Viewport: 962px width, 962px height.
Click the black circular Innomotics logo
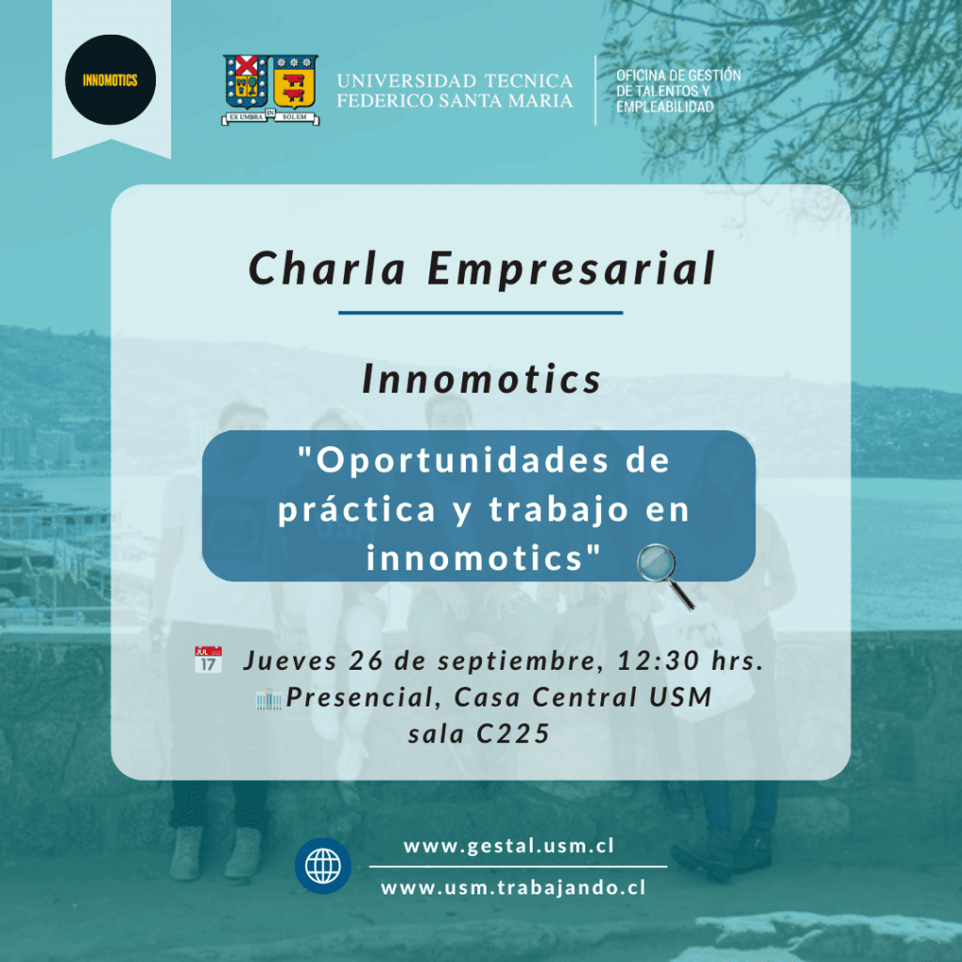point(111,80)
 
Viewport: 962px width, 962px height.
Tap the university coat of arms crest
point(271,90)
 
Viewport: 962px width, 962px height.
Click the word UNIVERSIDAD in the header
point(407,81)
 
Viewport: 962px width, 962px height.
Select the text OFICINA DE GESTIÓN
point(678,75)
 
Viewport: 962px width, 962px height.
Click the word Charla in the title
point(328,268)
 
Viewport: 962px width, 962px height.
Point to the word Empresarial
point(571,270)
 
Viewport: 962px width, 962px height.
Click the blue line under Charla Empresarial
point(480,313)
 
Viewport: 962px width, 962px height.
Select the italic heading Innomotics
point(482,379)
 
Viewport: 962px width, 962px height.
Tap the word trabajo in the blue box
point(559,509)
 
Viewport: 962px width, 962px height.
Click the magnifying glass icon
point(665,576)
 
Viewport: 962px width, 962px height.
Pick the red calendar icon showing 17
point(208,659)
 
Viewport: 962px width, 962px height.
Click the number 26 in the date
point(366,660)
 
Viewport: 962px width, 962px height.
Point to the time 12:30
point(659,660)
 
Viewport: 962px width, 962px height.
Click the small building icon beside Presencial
point(269,698)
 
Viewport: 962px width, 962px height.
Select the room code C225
point(513,734)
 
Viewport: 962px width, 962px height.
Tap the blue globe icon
point(323,865)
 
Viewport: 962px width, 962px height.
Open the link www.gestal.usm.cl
point(508,846)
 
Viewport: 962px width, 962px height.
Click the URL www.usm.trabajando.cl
point(513,888)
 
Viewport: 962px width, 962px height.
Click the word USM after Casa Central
point(680,697)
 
